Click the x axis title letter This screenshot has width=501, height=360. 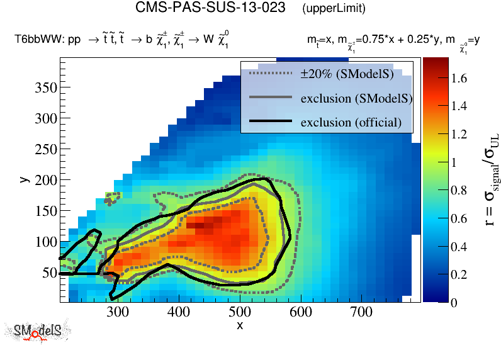[x=240, y=325]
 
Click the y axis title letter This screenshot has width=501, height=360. [x=25, y=179]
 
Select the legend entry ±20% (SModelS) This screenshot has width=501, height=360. [x=347, y=74]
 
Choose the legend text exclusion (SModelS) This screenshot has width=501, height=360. [x=356, y=98]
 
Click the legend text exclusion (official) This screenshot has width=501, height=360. [x=351, y=121]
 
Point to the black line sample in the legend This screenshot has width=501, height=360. [x=271, y=121]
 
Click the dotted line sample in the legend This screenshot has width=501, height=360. [x=271, y=74]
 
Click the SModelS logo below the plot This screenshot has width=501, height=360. [x=41, y=332]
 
